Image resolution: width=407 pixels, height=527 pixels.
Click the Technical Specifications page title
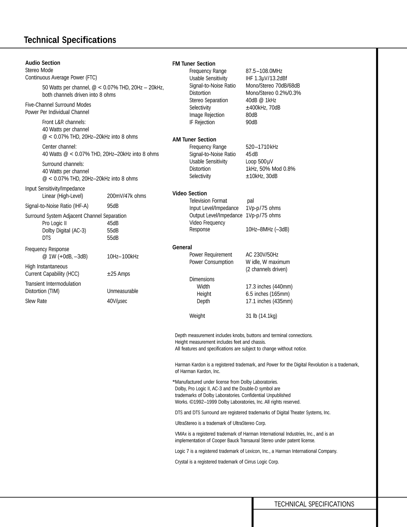point(70,40)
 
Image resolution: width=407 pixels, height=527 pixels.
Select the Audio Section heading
point(43,63)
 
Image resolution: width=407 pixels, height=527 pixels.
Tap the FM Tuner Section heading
point(194,64)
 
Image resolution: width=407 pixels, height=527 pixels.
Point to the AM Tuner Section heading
point(194,139)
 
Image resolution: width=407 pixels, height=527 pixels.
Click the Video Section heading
point(190,193)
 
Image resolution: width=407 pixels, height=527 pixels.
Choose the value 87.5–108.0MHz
point(264,71)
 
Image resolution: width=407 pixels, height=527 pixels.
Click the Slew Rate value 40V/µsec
point(117,301)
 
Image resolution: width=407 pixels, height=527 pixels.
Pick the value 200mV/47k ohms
point(126,196)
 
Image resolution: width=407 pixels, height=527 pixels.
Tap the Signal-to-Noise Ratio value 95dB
point(113,206)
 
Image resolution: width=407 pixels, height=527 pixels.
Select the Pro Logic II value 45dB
point(113,223)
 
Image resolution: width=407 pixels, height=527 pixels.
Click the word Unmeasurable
point(123,291)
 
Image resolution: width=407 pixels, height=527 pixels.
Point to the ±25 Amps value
point(118,274)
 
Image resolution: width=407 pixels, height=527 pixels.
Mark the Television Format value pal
point(250,201)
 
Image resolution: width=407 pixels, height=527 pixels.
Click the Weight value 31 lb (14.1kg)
point(261,316)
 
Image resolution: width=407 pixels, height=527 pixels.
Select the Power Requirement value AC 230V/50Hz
point(262,254)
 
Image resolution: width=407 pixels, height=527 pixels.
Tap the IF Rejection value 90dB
point(251,122)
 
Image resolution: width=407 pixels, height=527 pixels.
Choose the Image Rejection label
point(207,115)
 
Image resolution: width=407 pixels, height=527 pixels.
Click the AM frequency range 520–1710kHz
point(262,147)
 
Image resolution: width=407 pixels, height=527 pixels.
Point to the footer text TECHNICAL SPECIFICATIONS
point(314,504)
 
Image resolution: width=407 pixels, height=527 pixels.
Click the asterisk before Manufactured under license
point(174,382)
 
